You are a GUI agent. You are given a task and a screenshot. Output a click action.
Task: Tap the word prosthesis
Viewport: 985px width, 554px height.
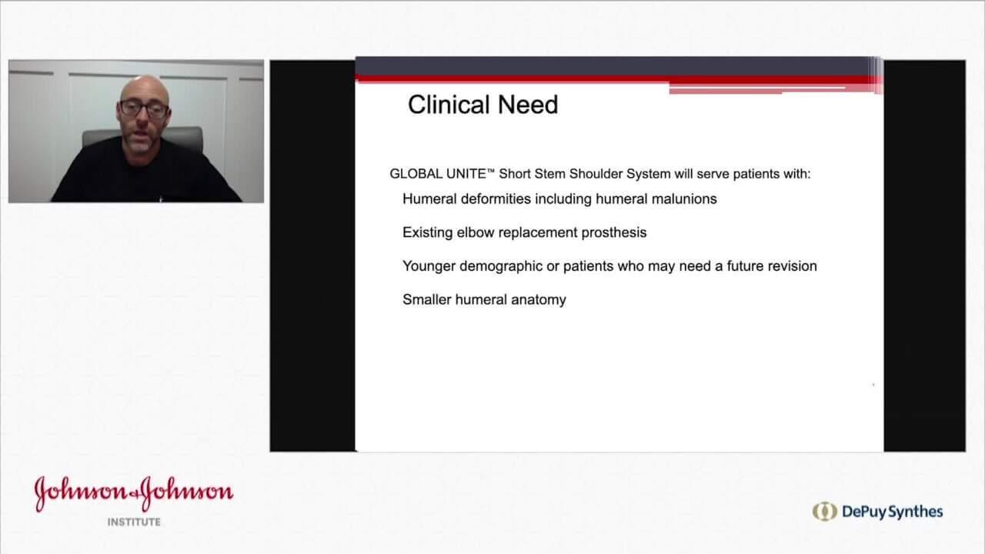point(609,232)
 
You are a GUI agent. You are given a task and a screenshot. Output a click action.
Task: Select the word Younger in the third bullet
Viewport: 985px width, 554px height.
point(429,266)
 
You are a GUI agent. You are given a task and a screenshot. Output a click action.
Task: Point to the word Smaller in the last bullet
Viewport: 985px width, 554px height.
point(426,300)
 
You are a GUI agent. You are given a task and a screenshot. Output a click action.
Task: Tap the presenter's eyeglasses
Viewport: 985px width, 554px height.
point(144,109)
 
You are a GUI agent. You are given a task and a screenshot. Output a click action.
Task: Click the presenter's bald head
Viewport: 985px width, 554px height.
point(143,87)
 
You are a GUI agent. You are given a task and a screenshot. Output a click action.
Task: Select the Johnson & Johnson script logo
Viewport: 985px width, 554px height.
point(133,493)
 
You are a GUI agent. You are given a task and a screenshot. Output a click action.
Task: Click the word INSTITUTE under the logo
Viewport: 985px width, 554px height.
point(133,522)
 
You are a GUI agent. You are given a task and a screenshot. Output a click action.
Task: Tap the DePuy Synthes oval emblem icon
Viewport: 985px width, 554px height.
point(824,512)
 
